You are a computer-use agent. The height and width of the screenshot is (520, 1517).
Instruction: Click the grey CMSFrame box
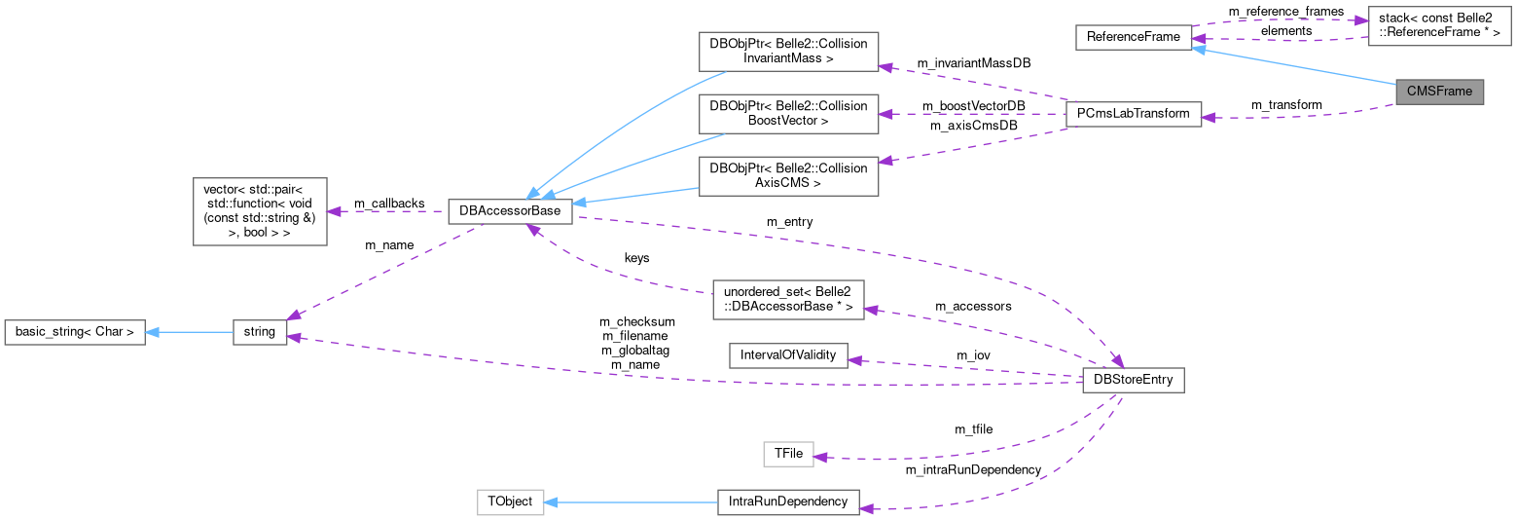coord(1439,92)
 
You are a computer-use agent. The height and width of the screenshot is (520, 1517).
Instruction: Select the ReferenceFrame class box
coord(1134,38)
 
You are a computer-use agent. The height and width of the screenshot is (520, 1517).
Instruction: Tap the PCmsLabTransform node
coord(1134,114)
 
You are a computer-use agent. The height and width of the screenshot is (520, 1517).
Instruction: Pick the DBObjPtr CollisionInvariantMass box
coord(788,52)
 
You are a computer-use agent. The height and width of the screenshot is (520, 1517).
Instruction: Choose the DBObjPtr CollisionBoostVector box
coord(788,114)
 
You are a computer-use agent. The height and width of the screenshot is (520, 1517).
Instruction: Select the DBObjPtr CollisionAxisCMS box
coord(788,175)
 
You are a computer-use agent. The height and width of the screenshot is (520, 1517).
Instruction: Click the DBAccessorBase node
coord(510,211)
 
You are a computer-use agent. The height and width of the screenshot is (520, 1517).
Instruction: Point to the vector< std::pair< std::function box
coord(260,211)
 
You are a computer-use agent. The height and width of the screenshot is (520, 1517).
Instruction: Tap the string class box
coord(260,332)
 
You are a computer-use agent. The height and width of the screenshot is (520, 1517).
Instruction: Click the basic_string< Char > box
coord(75,332)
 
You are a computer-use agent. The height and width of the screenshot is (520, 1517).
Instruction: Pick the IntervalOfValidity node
coord(788,355)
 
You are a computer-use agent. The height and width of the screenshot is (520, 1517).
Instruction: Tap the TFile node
coord(787,454)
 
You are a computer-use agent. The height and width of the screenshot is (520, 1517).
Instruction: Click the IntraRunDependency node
coord(788,502)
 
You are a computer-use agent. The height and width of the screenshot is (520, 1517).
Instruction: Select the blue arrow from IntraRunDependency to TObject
coord(632,502)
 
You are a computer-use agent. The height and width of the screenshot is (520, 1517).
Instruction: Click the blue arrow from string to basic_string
coord(190,332)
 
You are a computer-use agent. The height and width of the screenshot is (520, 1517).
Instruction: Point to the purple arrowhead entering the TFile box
coord(820,457)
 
